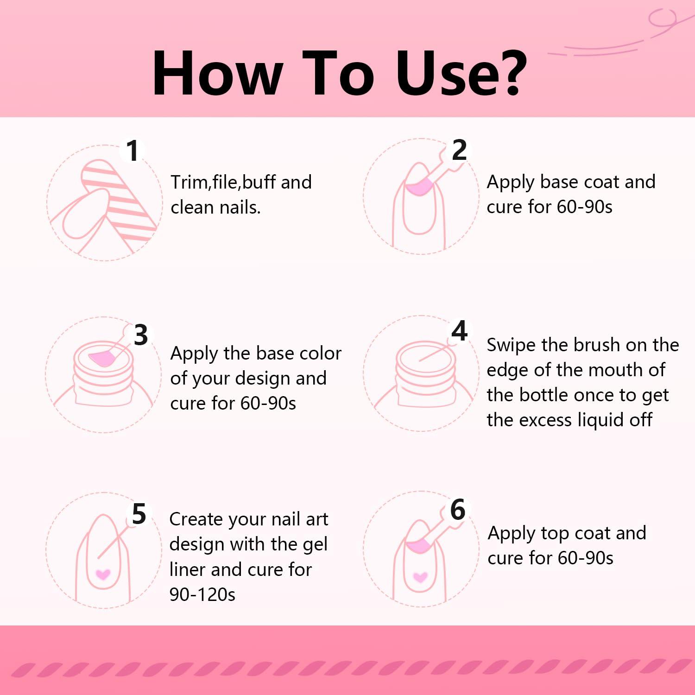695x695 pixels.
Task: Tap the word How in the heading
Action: [217, 73]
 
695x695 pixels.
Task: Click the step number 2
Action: [459, 150]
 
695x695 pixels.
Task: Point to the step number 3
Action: [141, 335]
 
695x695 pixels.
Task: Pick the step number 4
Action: [460, 331]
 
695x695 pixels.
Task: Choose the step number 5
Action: [139, 514]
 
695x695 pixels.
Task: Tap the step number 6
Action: [458, 510]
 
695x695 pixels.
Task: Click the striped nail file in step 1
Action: [120, 199]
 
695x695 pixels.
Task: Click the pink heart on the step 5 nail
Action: [102, 575]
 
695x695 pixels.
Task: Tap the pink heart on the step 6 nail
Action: [420, 577]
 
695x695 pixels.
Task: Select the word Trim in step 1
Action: [190, 182]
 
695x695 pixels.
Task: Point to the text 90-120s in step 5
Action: [202, 594]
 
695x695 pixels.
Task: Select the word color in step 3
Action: [321, 354]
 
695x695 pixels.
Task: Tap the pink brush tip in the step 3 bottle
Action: [102, 357]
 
